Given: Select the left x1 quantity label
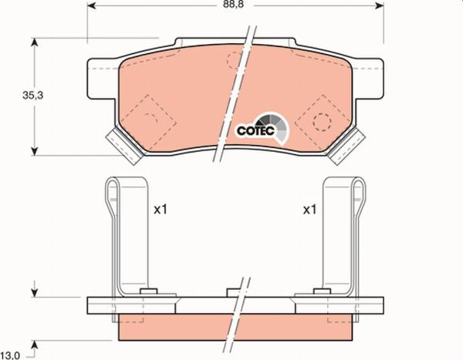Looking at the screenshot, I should point(160,209).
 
